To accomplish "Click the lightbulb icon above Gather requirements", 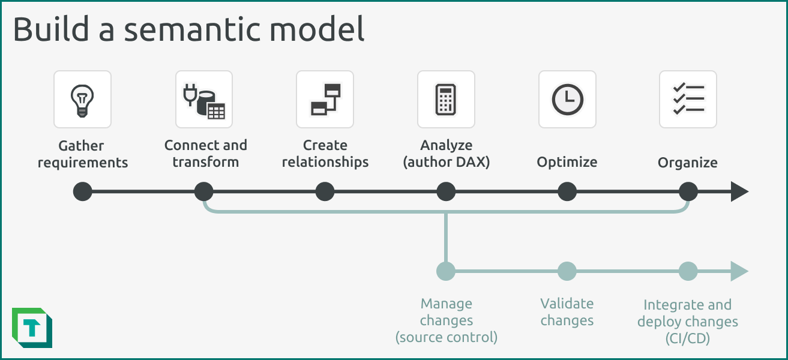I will click(82, 100).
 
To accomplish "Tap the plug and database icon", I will click(204, 100).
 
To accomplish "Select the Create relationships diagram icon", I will click(325, 100).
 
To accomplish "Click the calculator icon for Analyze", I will click(446, 100).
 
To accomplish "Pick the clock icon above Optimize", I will click(567, 100).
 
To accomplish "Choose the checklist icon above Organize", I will click(688, 100).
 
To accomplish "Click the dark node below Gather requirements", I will click(82, 192).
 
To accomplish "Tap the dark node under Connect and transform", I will click(204, 192).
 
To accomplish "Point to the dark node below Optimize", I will click(567, 192).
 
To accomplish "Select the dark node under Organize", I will click(688, 192).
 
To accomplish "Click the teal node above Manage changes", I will click(446, 271).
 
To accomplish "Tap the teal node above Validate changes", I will click(567, 271).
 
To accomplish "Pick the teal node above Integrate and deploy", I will click(688, 271).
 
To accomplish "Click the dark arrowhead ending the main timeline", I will click(739, 192).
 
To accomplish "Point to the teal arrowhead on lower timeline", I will click(739, 271).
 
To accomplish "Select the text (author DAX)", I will click(446, 162).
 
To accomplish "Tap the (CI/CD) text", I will click(688, 338).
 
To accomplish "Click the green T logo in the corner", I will click(32, 328).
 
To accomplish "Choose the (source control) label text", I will click(446, 337).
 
